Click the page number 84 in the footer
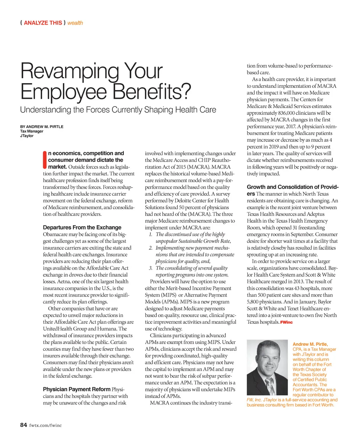click(x=23, y=425)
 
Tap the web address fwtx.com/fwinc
click(x=45, y=425)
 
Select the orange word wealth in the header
click(x=75, y=23)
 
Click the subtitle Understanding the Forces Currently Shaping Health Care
click(x=118, y=110)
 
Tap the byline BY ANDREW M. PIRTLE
click(x=42, y=127)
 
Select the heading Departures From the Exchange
click(x=82, y=227)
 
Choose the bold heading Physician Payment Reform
click(x=76, y=389)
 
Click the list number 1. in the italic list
click(x=151, y=234)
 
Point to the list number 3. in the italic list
click(x=151, y=268)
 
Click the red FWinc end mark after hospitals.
click(x=286, y=322)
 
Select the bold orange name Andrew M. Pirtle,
click(x=310, y=344)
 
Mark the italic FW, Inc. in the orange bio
click(x=254, y=400)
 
